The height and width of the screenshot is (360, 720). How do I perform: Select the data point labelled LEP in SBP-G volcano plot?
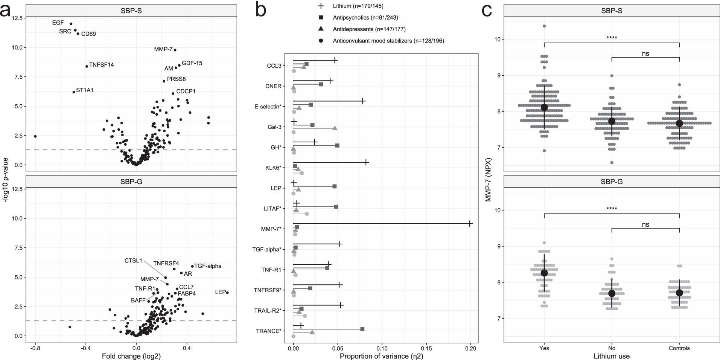tap(227, 293)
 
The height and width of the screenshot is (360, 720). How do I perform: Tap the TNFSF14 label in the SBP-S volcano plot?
tap(101, 65)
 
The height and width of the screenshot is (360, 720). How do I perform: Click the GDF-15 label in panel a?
tap(192, 63)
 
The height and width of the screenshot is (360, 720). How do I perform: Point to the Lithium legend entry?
tap(358, 6)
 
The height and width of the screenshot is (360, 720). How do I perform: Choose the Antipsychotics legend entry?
tap(365, 18)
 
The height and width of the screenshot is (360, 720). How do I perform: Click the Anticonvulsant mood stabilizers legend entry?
tap(388, 41)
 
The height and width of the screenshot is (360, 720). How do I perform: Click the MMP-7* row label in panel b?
tap(271, 229)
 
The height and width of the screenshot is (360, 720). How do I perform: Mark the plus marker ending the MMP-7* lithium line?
tap(470, 224)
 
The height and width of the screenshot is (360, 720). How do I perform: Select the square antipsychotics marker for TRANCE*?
tap(362, 329)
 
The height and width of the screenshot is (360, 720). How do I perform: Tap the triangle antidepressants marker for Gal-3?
tap(335, 128)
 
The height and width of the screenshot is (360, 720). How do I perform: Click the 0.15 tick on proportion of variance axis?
tap(426, 349)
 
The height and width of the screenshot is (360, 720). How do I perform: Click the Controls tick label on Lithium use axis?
tap(679, 348)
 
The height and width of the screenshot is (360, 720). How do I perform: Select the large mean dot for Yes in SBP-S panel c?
tap(544, 108)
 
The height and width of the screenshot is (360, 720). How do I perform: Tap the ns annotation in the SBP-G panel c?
tap(645, 224)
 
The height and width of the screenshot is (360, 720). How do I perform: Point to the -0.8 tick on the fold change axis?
tap(35, 348)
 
